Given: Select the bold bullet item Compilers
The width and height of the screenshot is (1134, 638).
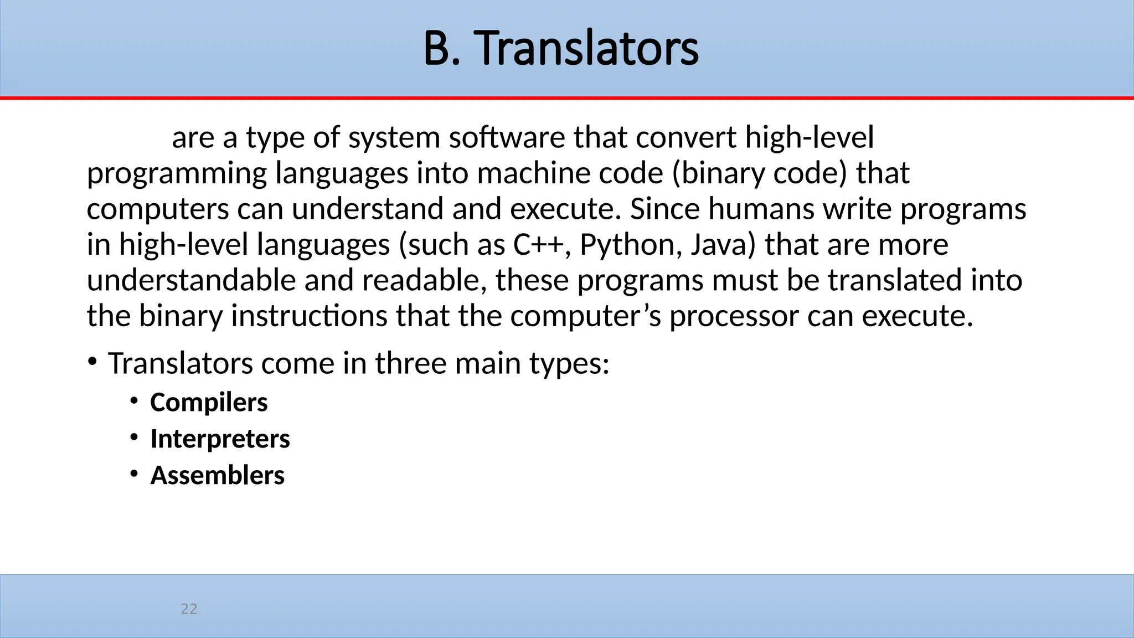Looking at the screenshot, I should [209, 403].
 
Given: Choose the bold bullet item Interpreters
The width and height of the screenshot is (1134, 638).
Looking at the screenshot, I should [220, 439].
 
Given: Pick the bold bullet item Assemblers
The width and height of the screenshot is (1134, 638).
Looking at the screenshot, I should [217, 476].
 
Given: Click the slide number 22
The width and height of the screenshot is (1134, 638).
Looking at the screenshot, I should [189, 609].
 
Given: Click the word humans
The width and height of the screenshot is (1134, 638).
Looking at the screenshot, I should [761, 209].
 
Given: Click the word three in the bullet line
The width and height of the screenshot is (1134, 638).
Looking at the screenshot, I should [410, 364].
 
